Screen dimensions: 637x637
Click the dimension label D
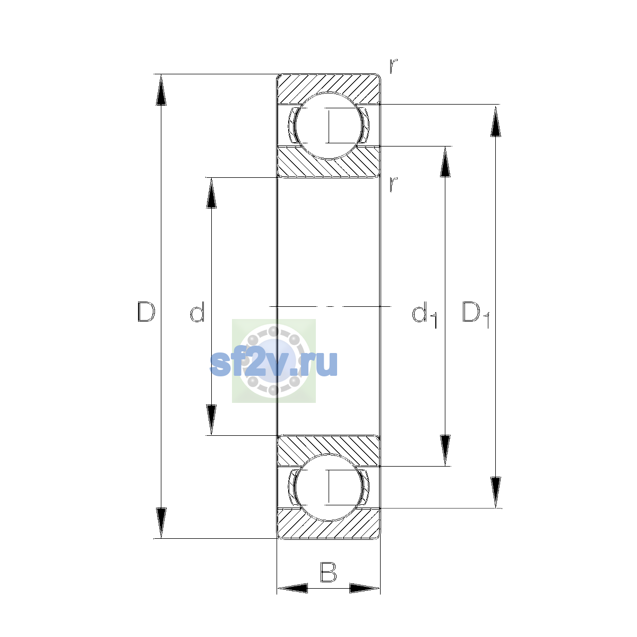pyautogui.click(x=146, y=312)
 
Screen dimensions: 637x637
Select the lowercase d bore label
pyautogui.click(x=197, y=312)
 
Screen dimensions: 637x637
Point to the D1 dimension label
pyautogui.click(x=476, y=315)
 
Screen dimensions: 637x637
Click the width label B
pyautogui.click(x=328, y=572)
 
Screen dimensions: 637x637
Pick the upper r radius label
pyautogui.click(x=393, y=66)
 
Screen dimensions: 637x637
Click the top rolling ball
pyautogui.click(x=328, y=126)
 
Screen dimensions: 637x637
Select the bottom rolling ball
pyautogui.click(x=328, y=488)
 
